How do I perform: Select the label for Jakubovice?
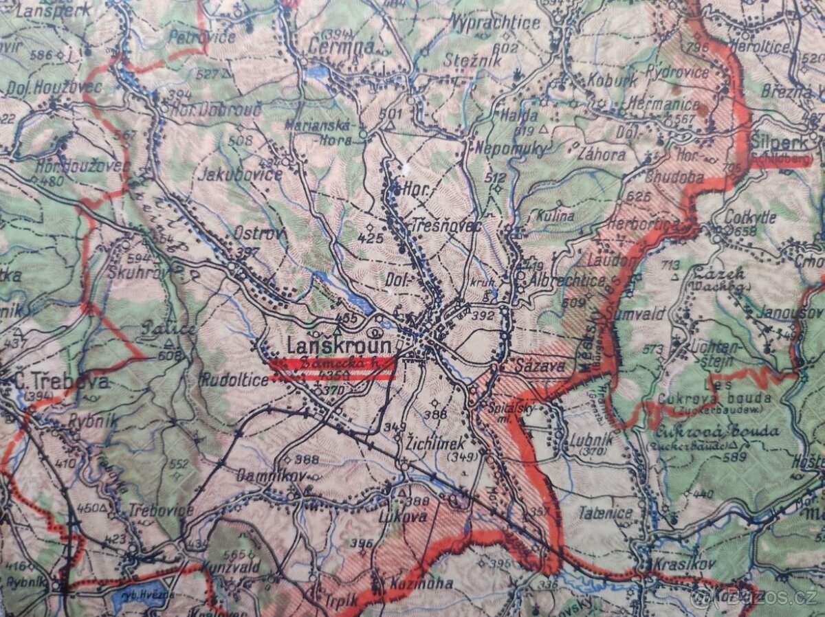240,174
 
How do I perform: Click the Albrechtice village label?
568,280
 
